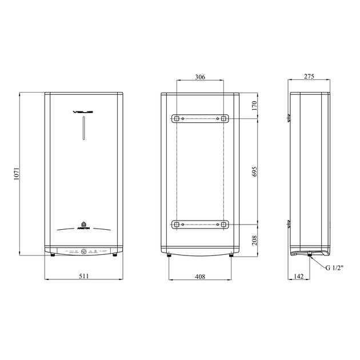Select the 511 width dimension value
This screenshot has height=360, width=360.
click(x=83, y=275)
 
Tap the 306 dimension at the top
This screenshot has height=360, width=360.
click(x=199, y=77)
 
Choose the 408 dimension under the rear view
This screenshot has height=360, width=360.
click(x=199, y=275)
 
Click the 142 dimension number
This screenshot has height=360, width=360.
click(x=298, y=275)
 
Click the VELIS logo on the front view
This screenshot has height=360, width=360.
click(x=83, y=112)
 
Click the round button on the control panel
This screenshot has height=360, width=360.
click(x=83, y=251)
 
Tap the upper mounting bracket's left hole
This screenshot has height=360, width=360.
click(x=177, y=118)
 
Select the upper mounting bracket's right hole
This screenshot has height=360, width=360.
click(x=222, y=118)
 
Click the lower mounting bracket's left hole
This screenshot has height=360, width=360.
click(x=177, y=223)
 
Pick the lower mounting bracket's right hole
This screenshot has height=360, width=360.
click(x=222, y=223)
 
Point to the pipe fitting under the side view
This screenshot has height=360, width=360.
click(x=309, y=256)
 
